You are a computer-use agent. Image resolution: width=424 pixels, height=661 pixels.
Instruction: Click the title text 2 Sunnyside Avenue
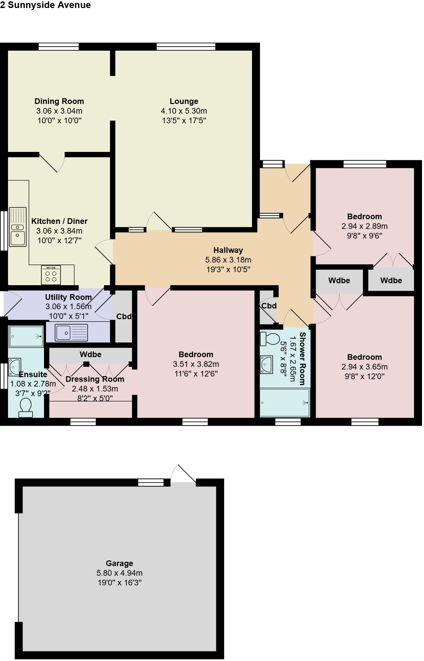click(45, 5)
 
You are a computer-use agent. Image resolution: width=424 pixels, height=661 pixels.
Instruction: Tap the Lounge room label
click(184, 101)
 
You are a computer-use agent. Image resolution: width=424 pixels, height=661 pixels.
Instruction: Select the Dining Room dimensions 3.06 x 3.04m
click(59, 111)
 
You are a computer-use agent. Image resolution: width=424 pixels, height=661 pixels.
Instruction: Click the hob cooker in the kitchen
click(51, 275)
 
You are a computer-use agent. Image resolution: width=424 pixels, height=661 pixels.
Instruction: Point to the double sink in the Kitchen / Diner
click(18, 227)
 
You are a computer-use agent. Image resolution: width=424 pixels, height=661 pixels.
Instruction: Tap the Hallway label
click(228, 250)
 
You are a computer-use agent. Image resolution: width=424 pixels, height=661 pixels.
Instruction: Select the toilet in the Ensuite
click(26, 408)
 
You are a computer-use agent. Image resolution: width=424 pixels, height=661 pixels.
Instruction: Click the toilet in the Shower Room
click(270, 339)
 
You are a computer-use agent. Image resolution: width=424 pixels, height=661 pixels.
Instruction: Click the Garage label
click(119, 563)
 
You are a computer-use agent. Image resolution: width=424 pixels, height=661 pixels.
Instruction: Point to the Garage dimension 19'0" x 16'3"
click(119, 583)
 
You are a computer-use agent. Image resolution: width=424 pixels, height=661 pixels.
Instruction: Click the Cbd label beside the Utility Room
click(124, 317)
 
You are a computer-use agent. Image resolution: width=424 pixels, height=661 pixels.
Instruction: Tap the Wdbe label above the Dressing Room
click(90, 354)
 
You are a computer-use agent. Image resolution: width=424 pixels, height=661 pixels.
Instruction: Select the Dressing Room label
click(95, 379)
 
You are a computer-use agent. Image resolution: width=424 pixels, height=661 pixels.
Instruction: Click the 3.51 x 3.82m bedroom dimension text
click(196, 364)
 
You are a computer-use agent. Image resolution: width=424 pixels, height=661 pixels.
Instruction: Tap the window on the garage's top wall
click(151, 482)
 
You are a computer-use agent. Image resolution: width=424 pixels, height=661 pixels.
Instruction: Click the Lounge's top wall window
click(186, 47)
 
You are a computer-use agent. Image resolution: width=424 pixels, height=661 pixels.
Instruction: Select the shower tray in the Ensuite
click(26, 336)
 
